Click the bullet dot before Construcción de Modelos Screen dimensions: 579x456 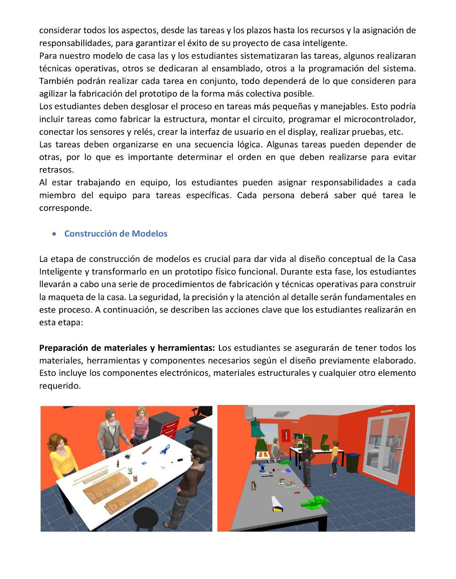pyautogui.click(x=55, y=234)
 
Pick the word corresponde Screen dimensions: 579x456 pyautogui.click(x=65, y=208)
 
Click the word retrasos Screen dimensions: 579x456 pyautogui.click(x=56, y=170)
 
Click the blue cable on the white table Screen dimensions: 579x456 pyautogui.click(x=163, y=451)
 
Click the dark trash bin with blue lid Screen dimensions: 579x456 pyautogui.click(x=352, y=462)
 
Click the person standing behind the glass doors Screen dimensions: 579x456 pyautogui.click(x=391, y=451)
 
